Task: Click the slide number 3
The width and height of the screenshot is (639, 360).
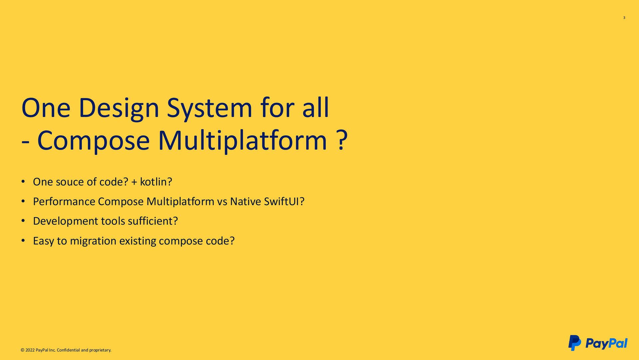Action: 624,18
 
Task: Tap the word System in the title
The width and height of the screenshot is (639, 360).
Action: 209,108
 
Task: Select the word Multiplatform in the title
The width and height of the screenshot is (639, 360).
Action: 243,141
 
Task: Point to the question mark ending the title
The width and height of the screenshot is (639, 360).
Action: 342,141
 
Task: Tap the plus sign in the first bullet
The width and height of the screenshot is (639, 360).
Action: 134,182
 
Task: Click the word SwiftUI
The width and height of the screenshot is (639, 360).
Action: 282,201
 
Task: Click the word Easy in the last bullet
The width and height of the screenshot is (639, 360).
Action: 43,241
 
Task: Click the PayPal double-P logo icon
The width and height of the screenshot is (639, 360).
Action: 574,343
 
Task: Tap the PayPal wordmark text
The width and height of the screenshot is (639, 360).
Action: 606,343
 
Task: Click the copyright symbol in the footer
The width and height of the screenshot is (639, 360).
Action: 22,350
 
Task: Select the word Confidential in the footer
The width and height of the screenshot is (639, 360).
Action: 68,350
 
